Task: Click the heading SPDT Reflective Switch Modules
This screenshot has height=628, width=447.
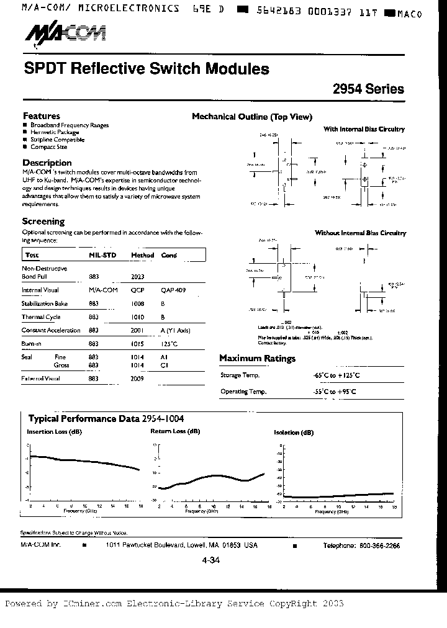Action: pos(147,68)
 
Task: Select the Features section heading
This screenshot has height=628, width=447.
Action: pos(42,116)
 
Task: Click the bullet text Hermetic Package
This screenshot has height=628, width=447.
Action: pos(55,132)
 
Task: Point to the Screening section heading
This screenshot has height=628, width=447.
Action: pos(43,221)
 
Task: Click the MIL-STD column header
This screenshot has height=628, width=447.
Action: pos(101,255)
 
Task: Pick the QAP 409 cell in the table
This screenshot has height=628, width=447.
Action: pos(173,290)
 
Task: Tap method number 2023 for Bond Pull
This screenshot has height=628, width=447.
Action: pos(138,277)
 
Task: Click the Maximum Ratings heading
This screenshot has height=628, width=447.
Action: pos(257,359)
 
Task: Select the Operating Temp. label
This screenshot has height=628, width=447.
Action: pos(243,392)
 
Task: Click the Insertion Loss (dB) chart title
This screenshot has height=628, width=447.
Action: pos(54,431)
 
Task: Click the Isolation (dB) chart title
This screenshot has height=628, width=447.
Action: pos(294,432)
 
